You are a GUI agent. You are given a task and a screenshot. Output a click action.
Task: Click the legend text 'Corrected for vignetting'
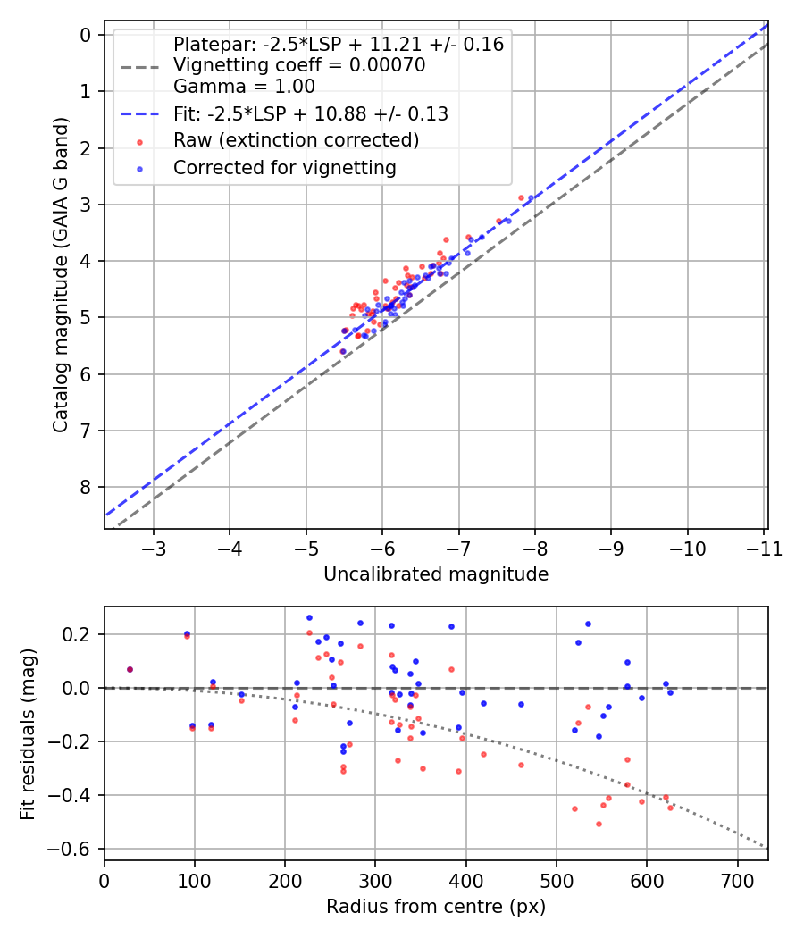click(284, 167)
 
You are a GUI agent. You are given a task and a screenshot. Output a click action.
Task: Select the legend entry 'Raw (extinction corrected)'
click(296, 140)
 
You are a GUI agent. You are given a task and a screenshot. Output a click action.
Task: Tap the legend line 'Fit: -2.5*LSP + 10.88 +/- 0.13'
click(310, 114)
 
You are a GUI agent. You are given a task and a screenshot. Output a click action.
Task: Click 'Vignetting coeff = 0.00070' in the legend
click(298, 65)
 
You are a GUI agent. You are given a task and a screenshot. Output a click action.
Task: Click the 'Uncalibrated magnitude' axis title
click(436, 574)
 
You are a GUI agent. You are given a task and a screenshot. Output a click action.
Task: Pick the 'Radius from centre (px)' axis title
click(436, 907)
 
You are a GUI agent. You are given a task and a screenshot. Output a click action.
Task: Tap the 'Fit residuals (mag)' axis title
click(29, 733)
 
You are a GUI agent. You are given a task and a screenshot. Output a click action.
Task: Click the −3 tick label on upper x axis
click(154, 548)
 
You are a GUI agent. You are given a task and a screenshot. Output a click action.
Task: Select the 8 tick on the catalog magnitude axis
click(86, 487)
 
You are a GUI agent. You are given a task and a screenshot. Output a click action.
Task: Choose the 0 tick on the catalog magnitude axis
click(86, 35)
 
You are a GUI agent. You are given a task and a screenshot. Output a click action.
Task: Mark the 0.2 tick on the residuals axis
click(80, 634)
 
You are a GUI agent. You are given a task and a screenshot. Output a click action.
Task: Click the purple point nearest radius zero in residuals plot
click(130, 669)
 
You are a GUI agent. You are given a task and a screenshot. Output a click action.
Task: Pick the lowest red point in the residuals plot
click(599, 824)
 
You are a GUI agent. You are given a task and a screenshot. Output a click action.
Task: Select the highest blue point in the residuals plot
click(309, 617)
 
